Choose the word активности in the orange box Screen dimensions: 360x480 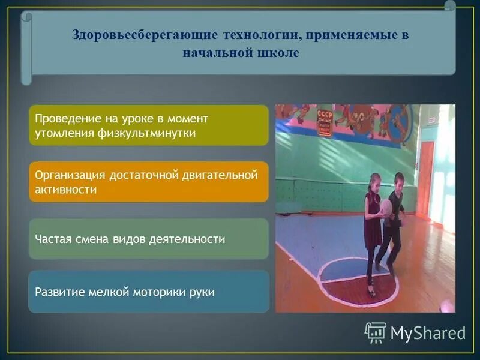pos(66,190)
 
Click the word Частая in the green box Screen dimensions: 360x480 pos(53,239)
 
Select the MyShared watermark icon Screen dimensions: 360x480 pos(376,332)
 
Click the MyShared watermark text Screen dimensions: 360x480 pos(428,333)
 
